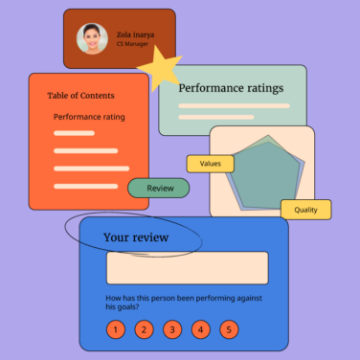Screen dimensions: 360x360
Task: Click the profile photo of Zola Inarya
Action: click(x=93, y=38)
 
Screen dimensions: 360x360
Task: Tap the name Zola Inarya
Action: click(x=135, y=34)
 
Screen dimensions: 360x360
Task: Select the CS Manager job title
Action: click(x=132, y=44)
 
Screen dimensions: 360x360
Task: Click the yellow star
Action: click(x=161, y=68)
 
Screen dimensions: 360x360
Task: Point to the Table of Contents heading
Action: click(x=80, y=95)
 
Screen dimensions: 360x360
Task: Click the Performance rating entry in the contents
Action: click(x=89, y=117)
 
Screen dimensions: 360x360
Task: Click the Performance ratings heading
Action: click(x=231, y=88)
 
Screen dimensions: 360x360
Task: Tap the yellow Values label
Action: click(x=210, y=164)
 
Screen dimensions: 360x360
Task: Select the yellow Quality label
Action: click(x=305, y=210)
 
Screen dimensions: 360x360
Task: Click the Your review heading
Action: click(x=136, y=237)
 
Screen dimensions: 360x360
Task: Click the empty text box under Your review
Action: click(x=187, y=268)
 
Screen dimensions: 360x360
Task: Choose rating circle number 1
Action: click(x=115, y=330)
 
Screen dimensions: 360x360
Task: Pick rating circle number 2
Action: click(x=144, y=330)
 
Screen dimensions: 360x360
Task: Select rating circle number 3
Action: click(x=171, y=330)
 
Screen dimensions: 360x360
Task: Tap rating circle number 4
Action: click(x=200, y=330)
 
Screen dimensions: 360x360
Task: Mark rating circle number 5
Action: click(x=228, y=330)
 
